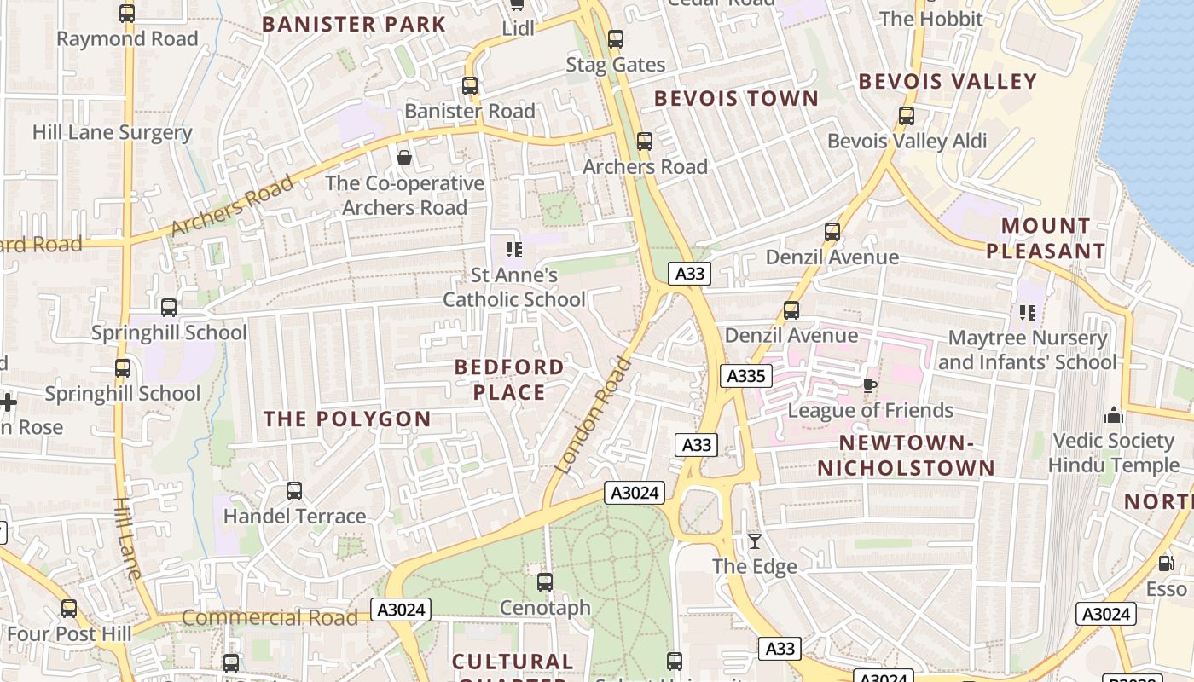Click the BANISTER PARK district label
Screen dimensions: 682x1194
tap(354, 24)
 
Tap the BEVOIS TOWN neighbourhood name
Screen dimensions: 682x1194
tap(736, 99)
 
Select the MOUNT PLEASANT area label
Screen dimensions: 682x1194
tap(1046, 239)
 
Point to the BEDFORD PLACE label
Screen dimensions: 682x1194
tap(509, 379)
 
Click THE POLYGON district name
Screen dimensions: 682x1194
tap(347, 419)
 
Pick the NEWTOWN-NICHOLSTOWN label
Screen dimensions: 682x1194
tap(907, 455)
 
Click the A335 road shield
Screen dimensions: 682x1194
tap(746, 376)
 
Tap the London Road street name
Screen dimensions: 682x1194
tap(594, 415)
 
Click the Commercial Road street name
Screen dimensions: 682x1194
tap(270, 618)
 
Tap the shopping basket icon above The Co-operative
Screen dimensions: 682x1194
tap(404, 158)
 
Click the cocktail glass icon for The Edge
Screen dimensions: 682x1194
tap(755, 540)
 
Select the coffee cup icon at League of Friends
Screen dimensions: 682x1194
tap(870, 385)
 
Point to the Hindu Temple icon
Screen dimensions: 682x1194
tap(1113, 415)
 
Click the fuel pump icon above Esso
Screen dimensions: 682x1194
tap(1166, 564)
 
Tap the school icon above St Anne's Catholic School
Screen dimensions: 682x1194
tap(514, 249)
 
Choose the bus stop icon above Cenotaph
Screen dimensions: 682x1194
tap(545, 582)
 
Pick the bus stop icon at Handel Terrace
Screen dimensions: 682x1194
tap(294, 491)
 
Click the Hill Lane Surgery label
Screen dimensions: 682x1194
tap(112, 132)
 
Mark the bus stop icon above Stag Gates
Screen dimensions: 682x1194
tap(616, 39)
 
